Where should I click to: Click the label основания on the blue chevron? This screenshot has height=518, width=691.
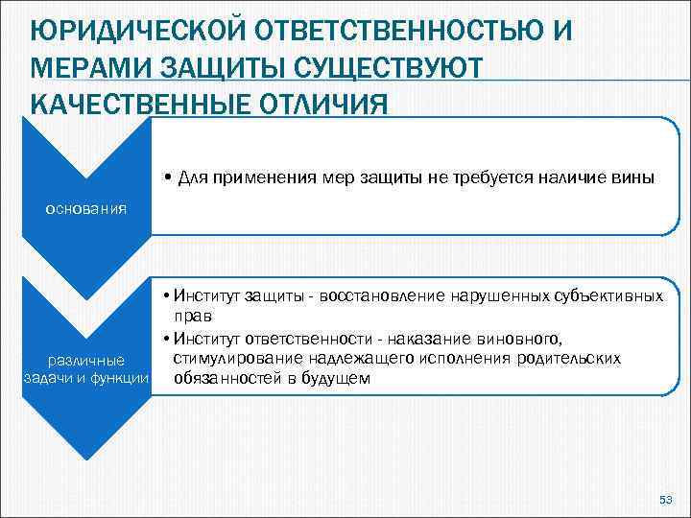click(87, 208)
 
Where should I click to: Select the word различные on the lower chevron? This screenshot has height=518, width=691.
click(86, 361)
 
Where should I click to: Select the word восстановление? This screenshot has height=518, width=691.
click(387, 296)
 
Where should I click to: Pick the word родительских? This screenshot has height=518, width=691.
click(573, 358)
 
